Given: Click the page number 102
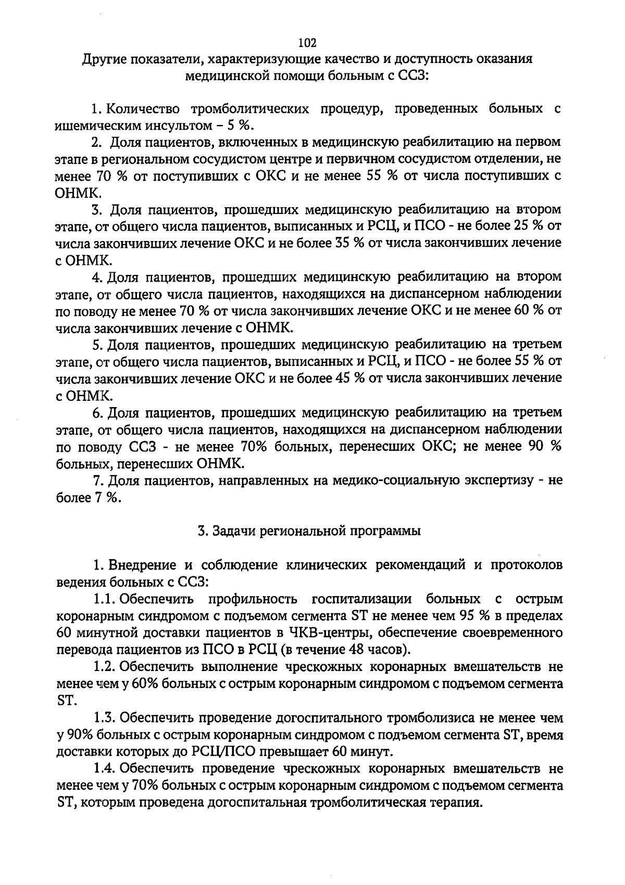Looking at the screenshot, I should (x=308, y=42).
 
